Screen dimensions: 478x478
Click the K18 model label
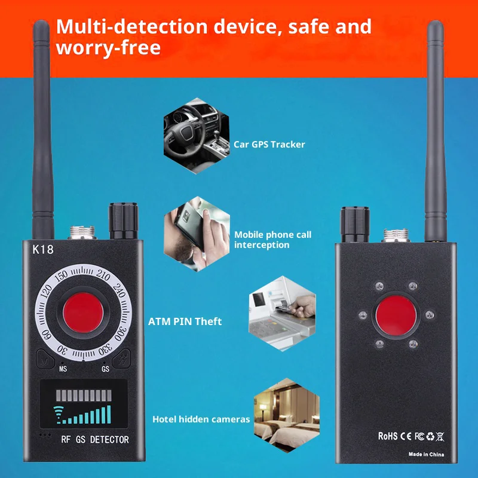(x=43, y=249)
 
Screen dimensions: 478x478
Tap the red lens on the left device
(x=83, y=312)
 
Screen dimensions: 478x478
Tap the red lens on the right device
(x=396, y=315)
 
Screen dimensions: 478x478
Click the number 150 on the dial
(x=61, y=276)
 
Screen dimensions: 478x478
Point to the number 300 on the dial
(x=120, y=334)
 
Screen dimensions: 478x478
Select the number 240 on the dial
(x=119, y=290)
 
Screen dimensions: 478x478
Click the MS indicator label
(x=63, y=369)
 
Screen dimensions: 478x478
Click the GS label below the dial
(x=106, y=369)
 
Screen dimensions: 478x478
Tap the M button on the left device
(x=45, y=359)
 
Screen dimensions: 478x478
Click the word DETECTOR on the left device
(x=109, y=440)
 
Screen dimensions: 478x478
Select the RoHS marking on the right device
(x=388, y=436)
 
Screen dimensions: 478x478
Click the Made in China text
(x=426, y=455)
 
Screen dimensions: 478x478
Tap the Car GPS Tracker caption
(x=269, y=144)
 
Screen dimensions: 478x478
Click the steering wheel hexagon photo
(x=197, y=136)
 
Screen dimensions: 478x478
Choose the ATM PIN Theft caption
(x=185, y=321)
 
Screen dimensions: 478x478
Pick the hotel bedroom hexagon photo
(x=287, y=415)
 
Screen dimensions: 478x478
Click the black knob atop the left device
(x=123, y=220)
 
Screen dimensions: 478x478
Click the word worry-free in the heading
(x=108, y=48)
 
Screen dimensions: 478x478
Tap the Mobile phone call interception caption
(x=272, y=240)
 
